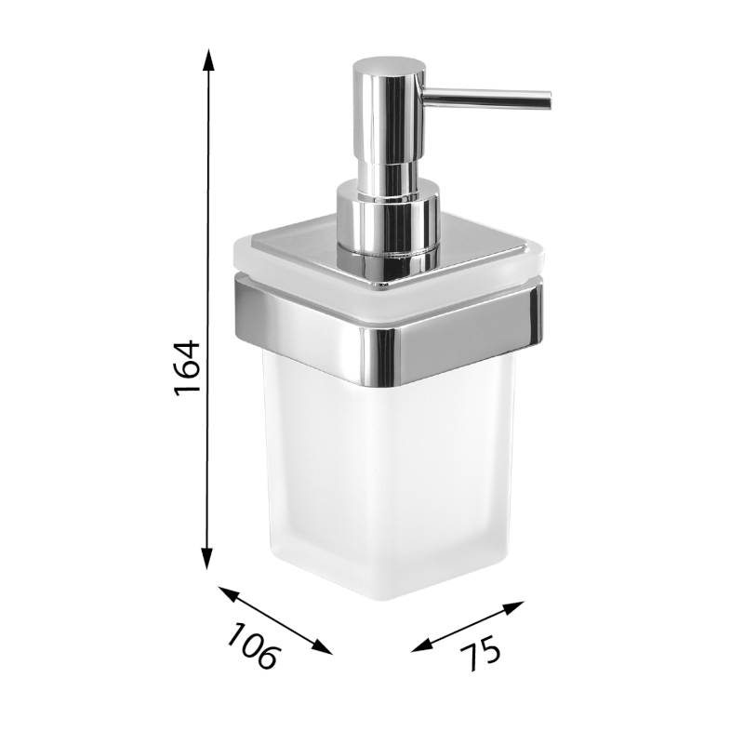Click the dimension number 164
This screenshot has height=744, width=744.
tap(187, 369)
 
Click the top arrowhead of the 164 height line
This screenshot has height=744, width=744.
tap(208, 60)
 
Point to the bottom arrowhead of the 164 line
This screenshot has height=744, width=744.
tap(208, 561)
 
